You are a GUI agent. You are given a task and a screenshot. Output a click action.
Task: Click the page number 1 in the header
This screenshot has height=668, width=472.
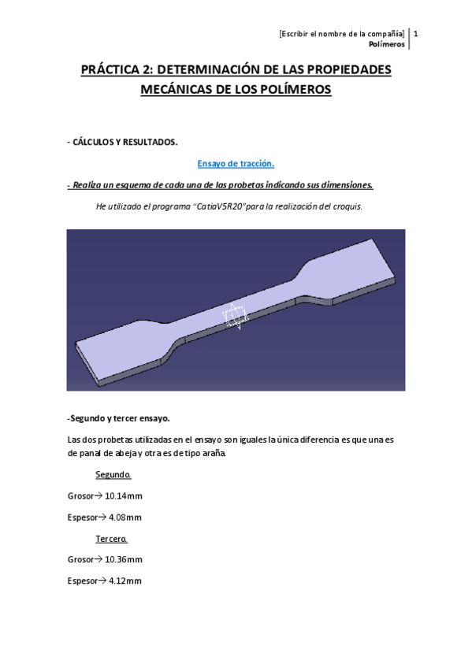415,34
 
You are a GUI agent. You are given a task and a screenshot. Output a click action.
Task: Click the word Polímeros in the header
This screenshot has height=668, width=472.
388,44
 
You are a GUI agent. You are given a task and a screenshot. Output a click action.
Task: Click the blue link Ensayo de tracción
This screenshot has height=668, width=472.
236,164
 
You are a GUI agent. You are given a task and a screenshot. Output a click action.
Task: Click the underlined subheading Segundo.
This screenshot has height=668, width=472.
113,475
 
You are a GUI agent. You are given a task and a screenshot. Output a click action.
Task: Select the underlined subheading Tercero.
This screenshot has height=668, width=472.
112,539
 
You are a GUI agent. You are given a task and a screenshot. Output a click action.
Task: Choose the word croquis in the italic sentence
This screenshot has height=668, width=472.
347,206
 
